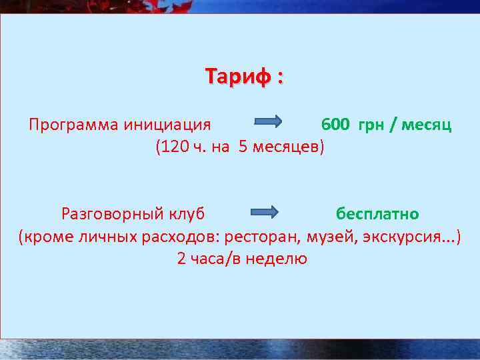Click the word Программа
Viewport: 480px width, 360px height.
pyautogui.click(x=71, y=125)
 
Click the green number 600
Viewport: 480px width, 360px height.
pyautogui.click(x=334, y=125)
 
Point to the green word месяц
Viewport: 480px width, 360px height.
pyautogui.click(x=425, y=125)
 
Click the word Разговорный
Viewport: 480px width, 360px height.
pyautogui.click(x=111, y=214)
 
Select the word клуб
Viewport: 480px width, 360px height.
pyautogui.click(x=186, y=214)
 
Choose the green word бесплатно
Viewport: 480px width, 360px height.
pyautogui.click(x=377, y=214)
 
